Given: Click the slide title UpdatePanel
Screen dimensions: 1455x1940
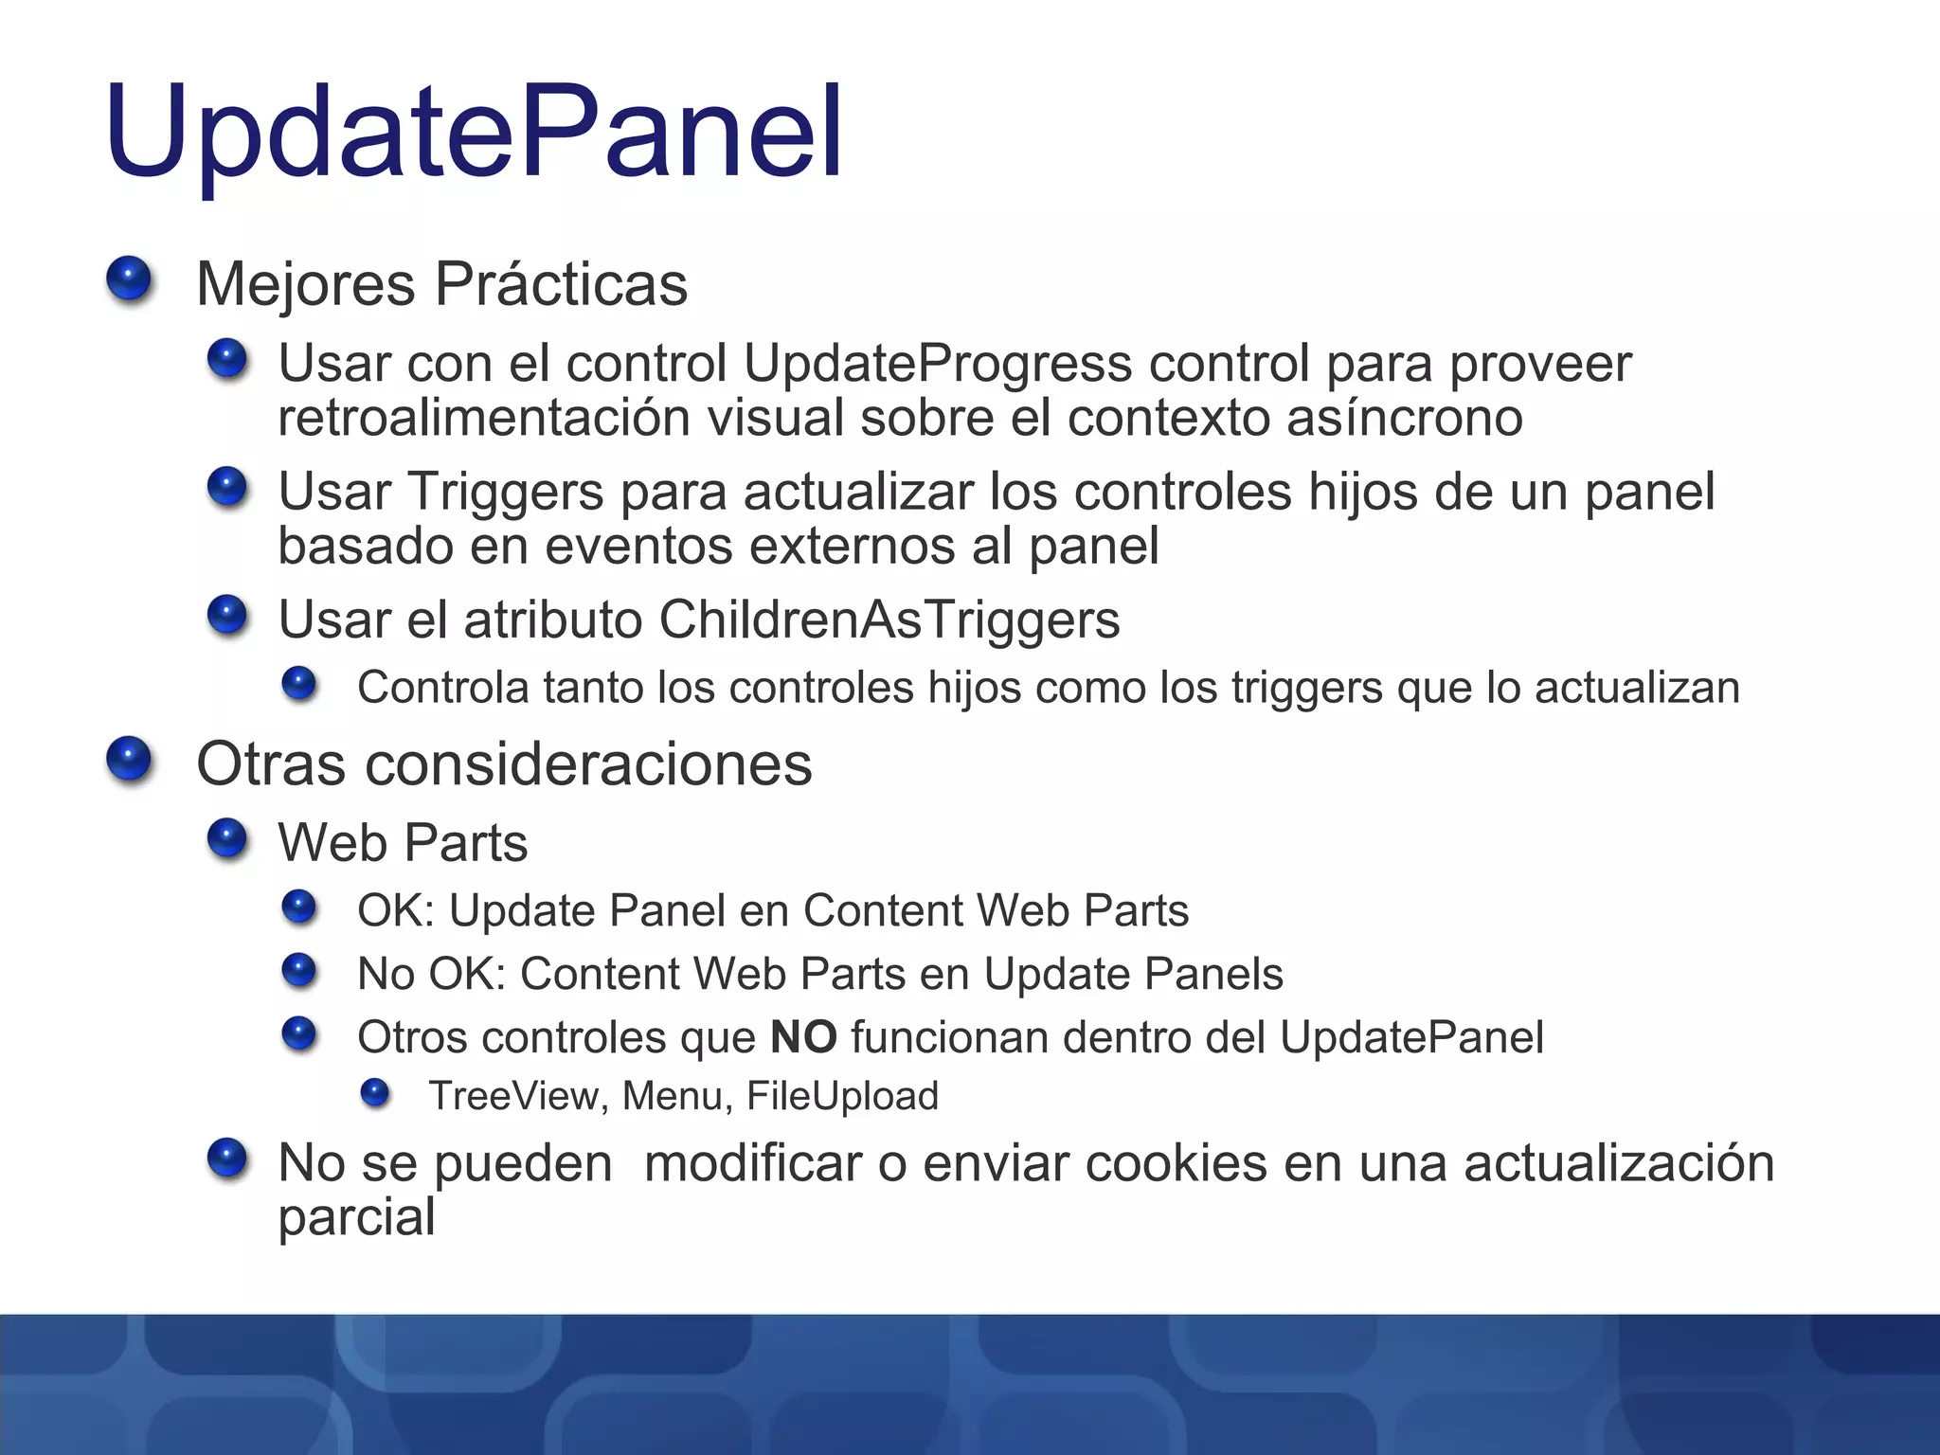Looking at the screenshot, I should point(474,133).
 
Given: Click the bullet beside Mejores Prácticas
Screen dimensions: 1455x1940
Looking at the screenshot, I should point(129,280).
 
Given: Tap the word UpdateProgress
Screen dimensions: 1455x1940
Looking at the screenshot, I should point(938,365).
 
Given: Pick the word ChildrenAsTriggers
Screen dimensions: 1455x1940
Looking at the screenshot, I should point(889,620).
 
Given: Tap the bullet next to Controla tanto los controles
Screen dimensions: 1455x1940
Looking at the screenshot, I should point(299,683).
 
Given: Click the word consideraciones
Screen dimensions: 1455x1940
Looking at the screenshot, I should point(588,764).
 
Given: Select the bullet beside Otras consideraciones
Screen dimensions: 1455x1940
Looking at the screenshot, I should point(129,760).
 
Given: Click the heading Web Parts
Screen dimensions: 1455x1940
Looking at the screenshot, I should point(403,843).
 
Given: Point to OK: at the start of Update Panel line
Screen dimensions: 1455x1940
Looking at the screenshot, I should point(395,911).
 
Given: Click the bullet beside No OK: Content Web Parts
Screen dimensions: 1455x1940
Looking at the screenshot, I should point(299,971).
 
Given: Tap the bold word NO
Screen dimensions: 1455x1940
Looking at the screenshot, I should point(803,1037).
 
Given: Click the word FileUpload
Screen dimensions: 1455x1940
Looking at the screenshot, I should point(842,1097).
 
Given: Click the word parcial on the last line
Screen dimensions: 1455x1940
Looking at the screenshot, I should point(356,1218).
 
